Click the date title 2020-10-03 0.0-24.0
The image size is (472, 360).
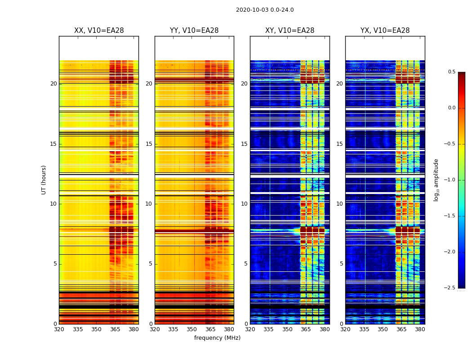[265, 10]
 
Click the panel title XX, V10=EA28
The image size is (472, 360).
[99, 31]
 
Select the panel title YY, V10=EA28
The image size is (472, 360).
[194, 31]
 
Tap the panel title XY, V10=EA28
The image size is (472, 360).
[290, 31]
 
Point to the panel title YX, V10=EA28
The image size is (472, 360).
[385, 31]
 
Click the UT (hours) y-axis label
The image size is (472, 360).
[44, 180]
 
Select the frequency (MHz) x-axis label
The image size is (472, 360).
[217, 338]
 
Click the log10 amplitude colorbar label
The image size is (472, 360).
[436, 180]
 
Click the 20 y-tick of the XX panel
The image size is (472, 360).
[53, 84]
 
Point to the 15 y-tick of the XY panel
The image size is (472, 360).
[244, 144]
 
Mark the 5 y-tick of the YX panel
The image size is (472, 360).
[341, 264]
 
